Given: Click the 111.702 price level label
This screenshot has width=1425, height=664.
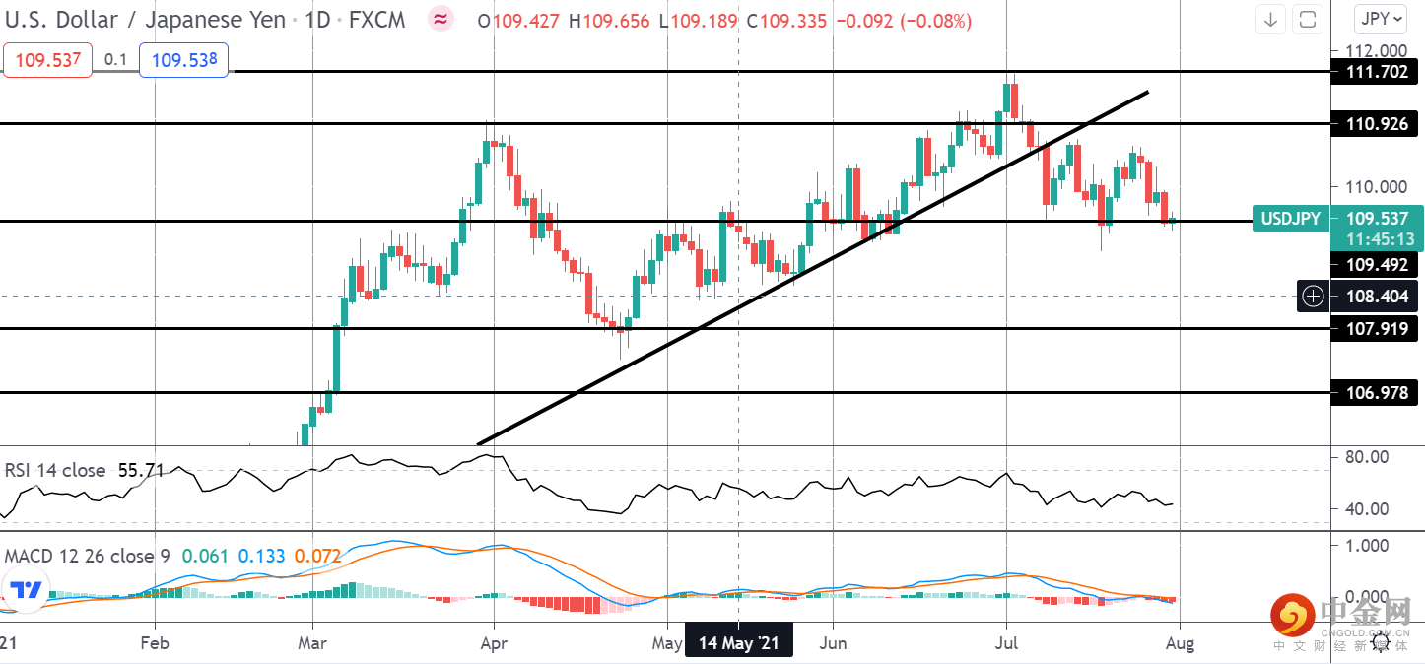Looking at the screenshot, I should pos(1375,71).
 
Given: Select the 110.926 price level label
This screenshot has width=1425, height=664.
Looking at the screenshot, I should pos(1375,124).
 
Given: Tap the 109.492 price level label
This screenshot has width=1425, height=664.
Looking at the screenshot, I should pos(1375,264).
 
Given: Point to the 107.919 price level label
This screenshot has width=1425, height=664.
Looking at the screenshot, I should pos(1375,329).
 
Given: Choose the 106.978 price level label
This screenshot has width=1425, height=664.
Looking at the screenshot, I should pos(1375,393).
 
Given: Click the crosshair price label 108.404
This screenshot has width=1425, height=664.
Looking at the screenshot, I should pos(1375,296).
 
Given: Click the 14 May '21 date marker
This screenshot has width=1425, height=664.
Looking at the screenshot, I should pos(738,643).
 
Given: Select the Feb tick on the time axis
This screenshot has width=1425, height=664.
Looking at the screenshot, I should pos(156,643).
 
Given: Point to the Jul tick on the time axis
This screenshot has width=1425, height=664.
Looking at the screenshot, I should pos(1006,643).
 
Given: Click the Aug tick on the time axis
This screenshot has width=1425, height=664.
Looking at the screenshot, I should pos(1180,643).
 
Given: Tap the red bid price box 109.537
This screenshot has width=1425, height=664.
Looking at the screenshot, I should pos(46,60).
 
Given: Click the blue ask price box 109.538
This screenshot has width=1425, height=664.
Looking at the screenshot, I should pos(183,60).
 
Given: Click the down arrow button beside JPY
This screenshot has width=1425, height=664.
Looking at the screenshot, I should pos(1271,19).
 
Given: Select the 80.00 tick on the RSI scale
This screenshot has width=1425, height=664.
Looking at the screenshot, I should pos(1366,457).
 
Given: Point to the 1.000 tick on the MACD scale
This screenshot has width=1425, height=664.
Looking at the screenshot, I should pos(1366,545).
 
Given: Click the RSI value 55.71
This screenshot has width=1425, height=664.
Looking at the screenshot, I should pos(140,470).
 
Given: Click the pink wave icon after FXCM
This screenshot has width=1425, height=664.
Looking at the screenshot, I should pos(441,20).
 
